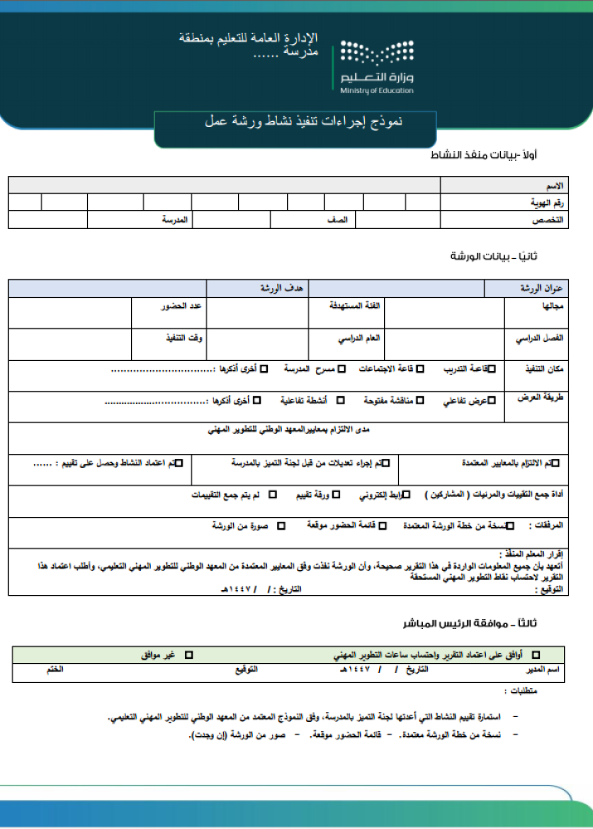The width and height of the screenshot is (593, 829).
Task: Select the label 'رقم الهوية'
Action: [x=547, y=202]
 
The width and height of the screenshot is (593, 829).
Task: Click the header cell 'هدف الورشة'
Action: [x=283, y=288]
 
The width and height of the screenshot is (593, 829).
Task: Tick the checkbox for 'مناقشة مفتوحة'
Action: [x=420, y=401]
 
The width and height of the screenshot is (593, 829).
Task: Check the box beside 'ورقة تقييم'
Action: [x=335, y=495]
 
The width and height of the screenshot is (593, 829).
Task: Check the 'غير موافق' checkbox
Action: [x=188, y=656]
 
